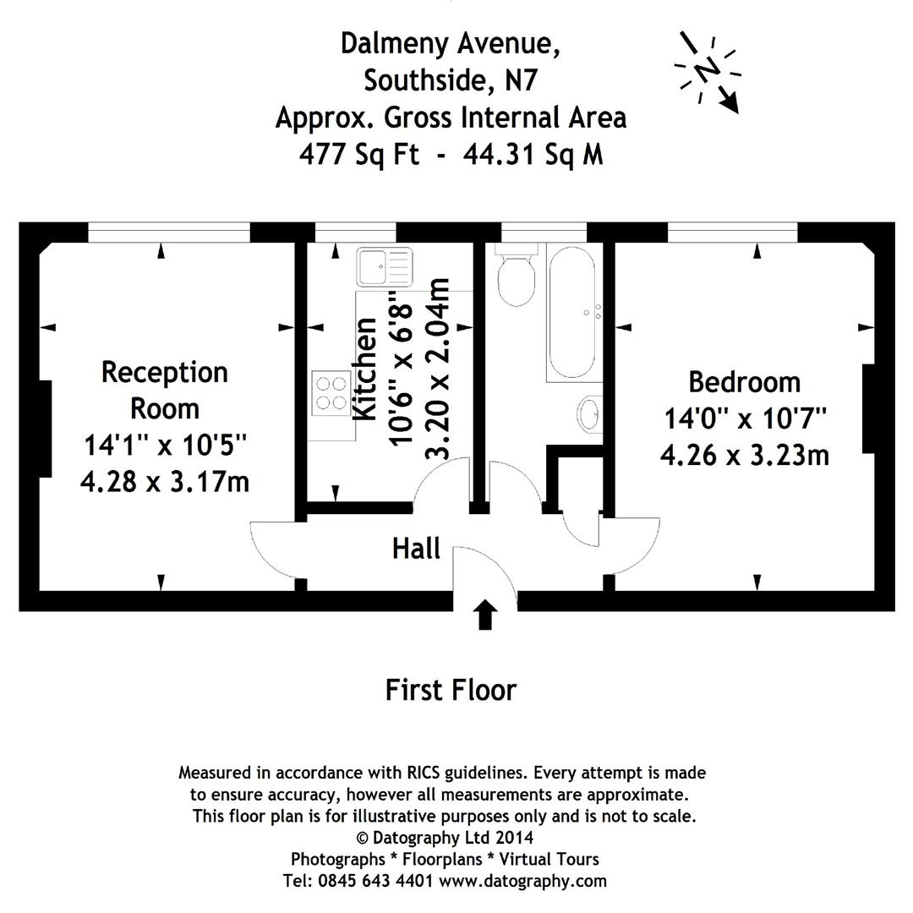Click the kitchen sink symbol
[x=383, y=266]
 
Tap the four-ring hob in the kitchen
[x=332, y=392]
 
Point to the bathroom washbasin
[x=590, y=414]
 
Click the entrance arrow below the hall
[x=484, y=615]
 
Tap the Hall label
[x=416, y=549]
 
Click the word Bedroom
[x=744, y=382]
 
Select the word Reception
[x=165, y=372]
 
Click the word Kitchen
[x=365, y=369]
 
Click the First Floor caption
[x=451, y=690]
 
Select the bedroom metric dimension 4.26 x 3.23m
[x=744, y=456]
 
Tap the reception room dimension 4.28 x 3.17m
[x=165, y=482]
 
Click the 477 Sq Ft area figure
[x=358, y=155]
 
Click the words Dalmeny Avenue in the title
[x=450, y=43]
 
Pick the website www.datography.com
[x=523, y=881]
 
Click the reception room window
[x=169, y=232]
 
